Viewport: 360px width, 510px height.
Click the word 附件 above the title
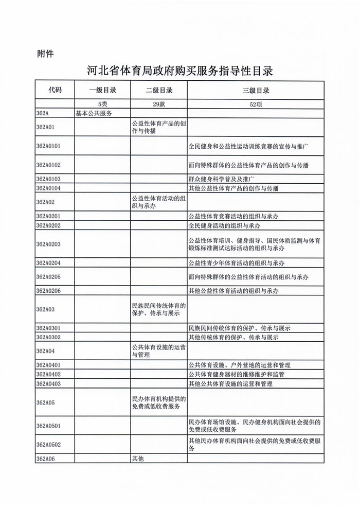click(46, 54)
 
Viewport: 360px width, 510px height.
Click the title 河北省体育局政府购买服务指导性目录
click(179, 71)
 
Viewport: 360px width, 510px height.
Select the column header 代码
click(55, 90)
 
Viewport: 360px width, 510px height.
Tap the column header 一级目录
click(103, 90)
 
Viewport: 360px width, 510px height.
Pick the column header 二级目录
click(159, 90)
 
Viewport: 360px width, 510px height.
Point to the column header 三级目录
click(256, 90)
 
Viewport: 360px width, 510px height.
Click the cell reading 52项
click(256, 104)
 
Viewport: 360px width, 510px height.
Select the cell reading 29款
click(159, 104)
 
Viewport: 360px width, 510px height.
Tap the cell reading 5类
click(103, 104)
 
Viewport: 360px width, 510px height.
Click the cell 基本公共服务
click(94, 113)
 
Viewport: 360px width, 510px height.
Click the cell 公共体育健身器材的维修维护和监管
click(237, 374)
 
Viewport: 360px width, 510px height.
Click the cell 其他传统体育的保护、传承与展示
click(233, 338)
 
